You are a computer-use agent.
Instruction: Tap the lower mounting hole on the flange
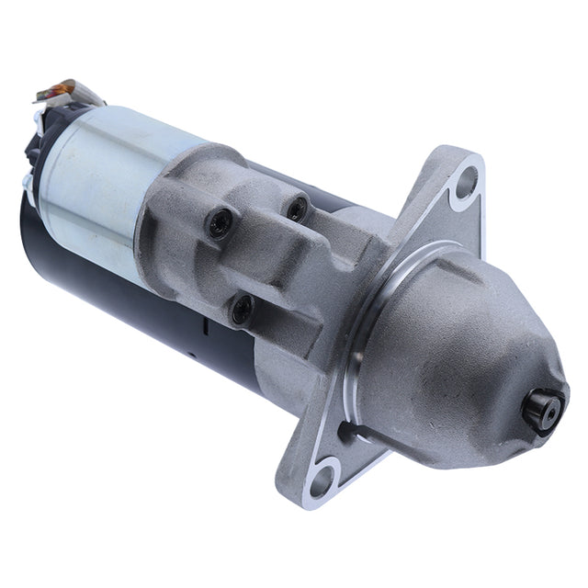[322, 477]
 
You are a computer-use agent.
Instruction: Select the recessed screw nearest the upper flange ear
[296, 209]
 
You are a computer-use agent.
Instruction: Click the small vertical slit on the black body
[205, 326]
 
